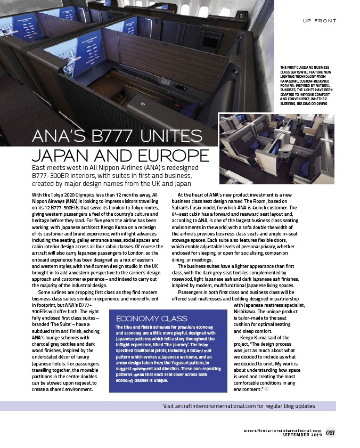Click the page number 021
[x=331, y=431]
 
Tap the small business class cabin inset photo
[x=276, y=148]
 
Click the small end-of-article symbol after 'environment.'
[x=267, y=389]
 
